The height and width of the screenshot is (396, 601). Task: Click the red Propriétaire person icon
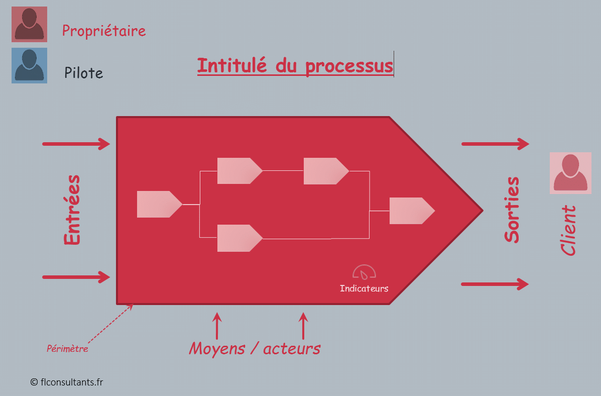(x=29, y=24)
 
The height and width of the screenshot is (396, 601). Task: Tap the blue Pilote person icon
(x=29, y=65)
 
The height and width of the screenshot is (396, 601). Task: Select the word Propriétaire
(x=104, y=31)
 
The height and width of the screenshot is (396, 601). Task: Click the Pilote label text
(x=83, y=73)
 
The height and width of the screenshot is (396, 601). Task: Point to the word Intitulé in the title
(x=232, y=66)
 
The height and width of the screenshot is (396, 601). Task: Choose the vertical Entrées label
(x=72, y=210)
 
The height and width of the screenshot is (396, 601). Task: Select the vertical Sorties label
(x=512, y=210)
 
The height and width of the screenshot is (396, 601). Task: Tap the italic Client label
(x=568, y=230)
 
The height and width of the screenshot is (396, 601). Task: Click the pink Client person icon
(x=570, y=173)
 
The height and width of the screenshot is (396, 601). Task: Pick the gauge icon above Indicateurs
(x=364, y=272)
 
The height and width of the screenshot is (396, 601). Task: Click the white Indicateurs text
(x=364, y=288)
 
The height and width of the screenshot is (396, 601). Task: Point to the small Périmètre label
(x=67, y=349)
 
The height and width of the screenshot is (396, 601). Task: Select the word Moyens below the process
(x=217, y=348)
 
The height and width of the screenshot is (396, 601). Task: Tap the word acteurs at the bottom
(x=291, y=348)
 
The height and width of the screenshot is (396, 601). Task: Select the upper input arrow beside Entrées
(x=76, y=144)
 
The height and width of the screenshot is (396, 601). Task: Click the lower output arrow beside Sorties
(x=495, y=284)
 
